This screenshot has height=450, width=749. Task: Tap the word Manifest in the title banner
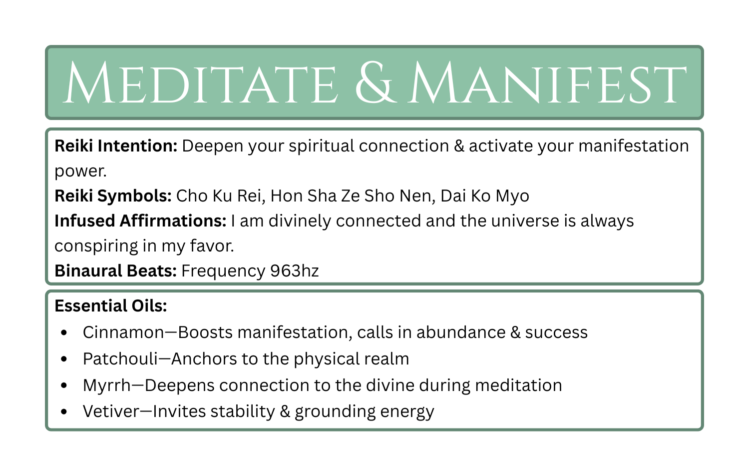click(x=547, y=83)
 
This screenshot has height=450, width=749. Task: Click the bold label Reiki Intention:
click(x=116, y=146)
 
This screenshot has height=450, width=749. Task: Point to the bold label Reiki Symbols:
click(x=113, y=195)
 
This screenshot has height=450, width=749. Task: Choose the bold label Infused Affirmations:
click(x=140, y=220)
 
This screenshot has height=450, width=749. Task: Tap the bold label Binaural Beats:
click(x=115, y=270)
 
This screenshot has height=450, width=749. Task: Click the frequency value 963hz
click(x=294, y=270)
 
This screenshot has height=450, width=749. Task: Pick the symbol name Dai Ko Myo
click(x=485, y=195)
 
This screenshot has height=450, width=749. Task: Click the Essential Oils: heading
click(x=110, y=305)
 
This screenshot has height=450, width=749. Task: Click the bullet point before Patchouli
click(x=63, y=359)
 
